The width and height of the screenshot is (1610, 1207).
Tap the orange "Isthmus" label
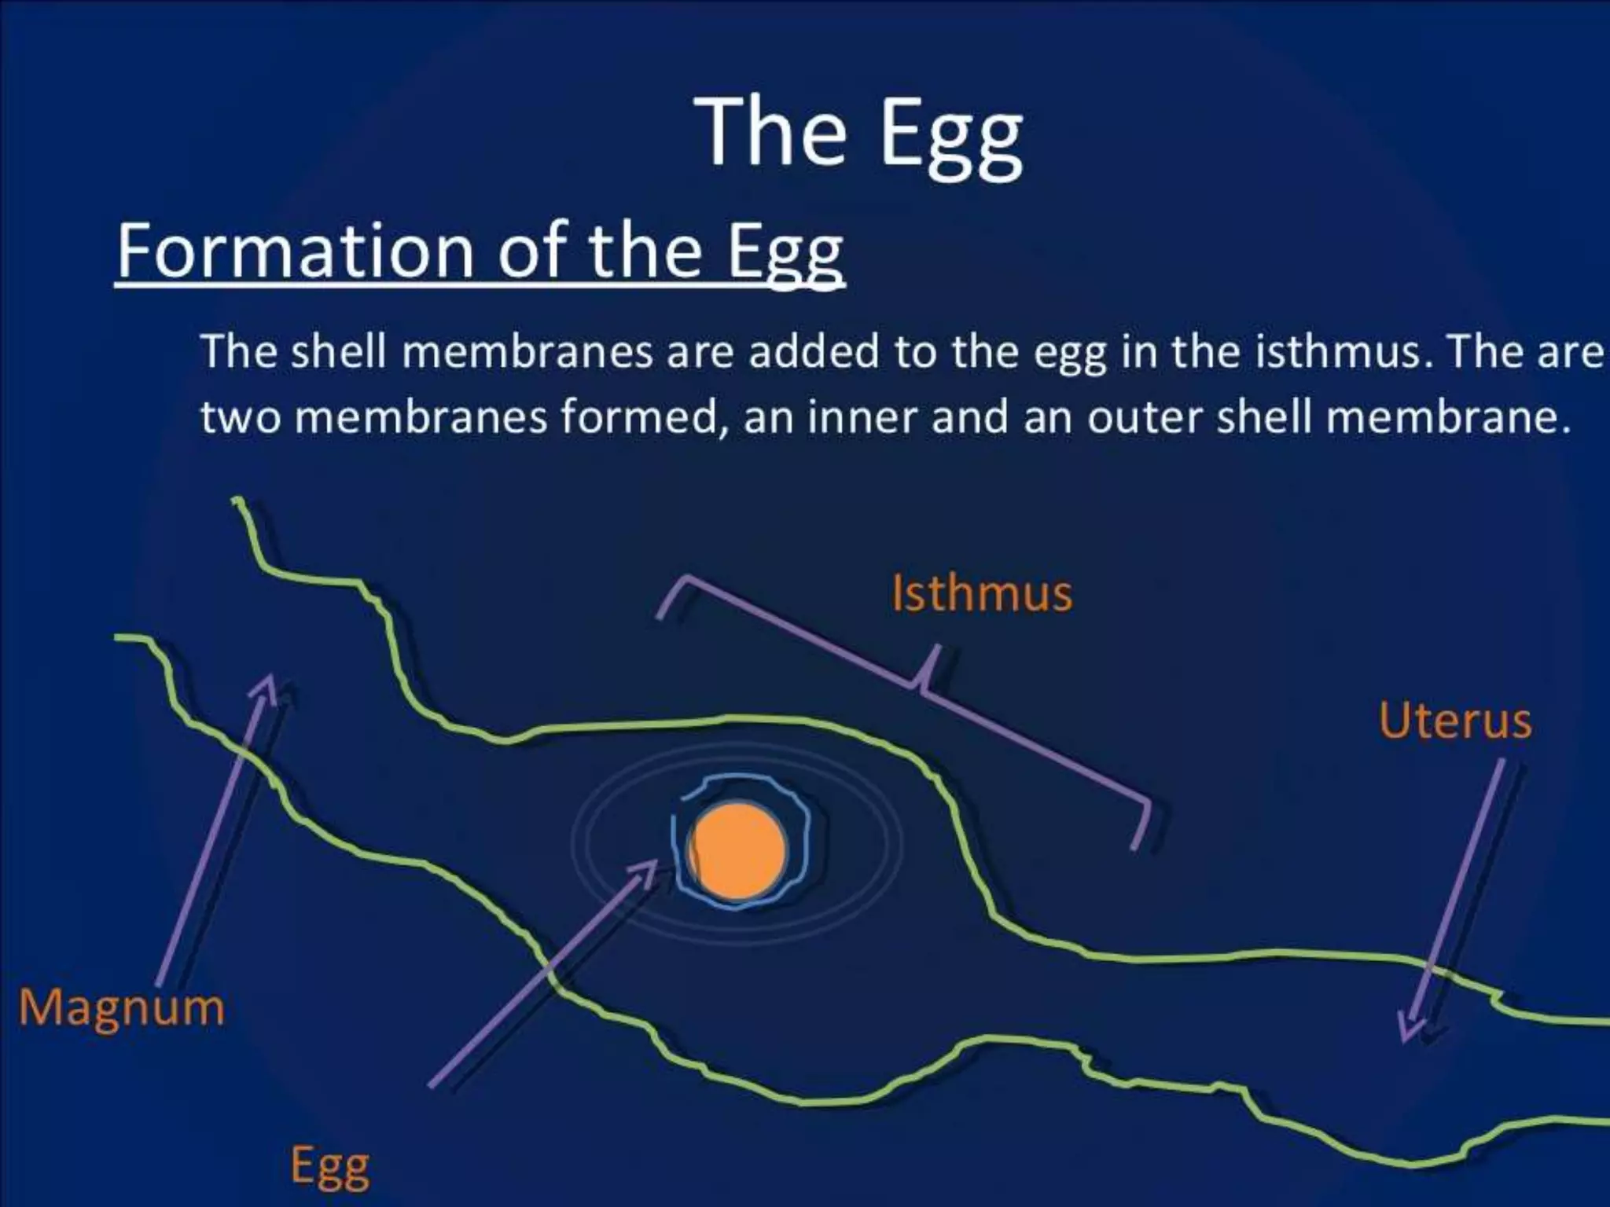982,593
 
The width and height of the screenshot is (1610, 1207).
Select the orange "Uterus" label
1455,721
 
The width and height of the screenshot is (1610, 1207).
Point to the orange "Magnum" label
122,1008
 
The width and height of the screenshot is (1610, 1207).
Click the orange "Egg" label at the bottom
330,1168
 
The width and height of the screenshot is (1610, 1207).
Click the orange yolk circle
737,851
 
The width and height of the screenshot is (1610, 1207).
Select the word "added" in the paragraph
813,353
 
